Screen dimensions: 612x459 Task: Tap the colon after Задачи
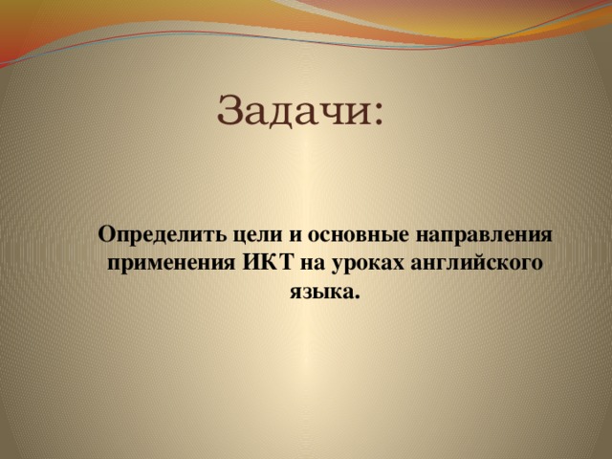pos(378,115)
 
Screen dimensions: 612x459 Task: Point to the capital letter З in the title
pos(230,110)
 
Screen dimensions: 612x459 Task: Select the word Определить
pos(162,236)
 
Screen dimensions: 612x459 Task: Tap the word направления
pos(484,236)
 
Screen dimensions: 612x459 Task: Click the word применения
pos(171,264)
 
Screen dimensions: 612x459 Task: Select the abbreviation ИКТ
pos(268,262)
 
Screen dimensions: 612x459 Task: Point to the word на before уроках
pos(313,264)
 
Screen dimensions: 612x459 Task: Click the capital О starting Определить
pos(106,234)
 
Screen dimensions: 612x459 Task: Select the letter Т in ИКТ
pos(285,262)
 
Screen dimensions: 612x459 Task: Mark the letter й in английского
pos(483,262)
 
